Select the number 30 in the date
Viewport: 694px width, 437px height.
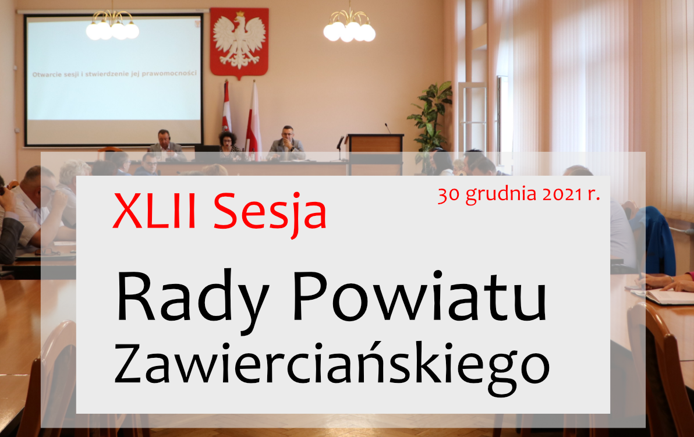(x=449, y=195)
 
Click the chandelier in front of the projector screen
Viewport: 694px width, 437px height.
(x=112, y=26)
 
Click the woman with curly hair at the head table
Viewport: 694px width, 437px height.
(x=228, y=144)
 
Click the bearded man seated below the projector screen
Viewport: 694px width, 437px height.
(x=165, y=145)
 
